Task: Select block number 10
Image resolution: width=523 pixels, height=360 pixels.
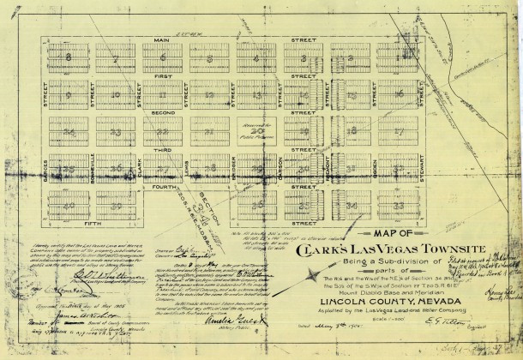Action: coord(113,95)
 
